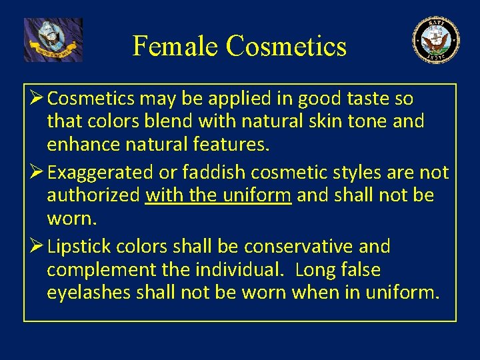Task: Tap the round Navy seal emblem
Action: click(436, 40)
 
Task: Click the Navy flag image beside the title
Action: click(53, 40)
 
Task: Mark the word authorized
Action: click(93, 196)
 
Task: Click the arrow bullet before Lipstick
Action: click(35, 247)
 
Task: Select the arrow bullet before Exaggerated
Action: click(35, 173)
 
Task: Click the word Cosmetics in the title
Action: click(286, 46)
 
